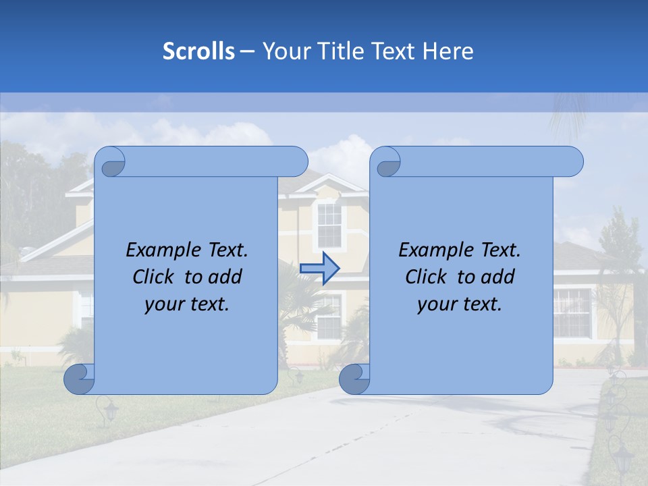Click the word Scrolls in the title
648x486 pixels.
pyautogui.click(x=199, y=51)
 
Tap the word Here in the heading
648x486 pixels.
pyautogui.click(x=448, y=51)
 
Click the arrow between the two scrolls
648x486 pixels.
pyautogui.click(x=319, y=268)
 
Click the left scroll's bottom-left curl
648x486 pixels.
pyautogui.click(x=80, y=379)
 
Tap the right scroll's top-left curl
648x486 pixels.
pyautogui.click(x=387, y=163)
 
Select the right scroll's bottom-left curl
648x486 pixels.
pyautogui.click(x=355, y=379)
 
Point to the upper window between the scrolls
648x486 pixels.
pyautogui.click(x=329, y=225)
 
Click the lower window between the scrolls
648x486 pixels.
pyautogui.click(x=329, y=317)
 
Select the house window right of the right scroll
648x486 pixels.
pyautogui.click(x=572, y=313)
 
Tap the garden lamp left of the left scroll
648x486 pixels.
pyautogui.click(x=107, y=410)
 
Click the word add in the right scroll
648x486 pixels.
pyautogui.click(x=499, y=277)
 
